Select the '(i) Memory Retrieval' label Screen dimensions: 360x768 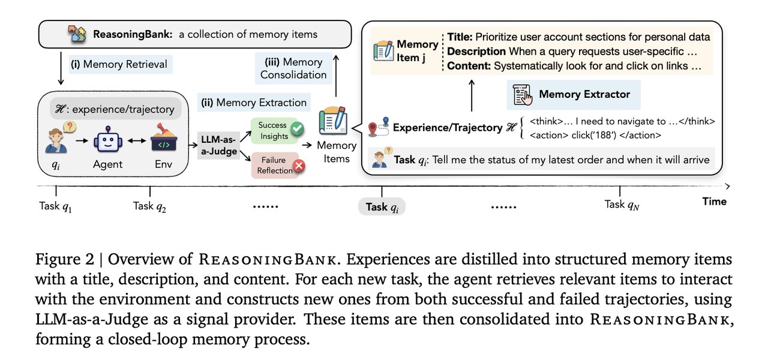click(x=121, y=65)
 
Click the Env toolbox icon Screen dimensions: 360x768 click(x=149, y=140)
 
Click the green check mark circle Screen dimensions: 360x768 click(x=296, y=128)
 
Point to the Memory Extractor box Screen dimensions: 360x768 click(x=573, y=94)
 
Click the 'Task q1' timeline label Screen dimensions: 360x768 click(x=56, y=205)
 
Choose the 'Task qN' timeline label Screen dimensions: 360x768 click(x=622, y=205)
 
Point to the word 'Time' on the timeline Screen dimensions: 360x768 click(x=714, y=202)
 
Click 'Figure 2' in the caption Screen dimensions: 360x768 click(x=61, y=260)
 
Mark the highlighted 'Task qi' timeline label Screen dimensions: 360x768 click(x=382, y=207)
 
